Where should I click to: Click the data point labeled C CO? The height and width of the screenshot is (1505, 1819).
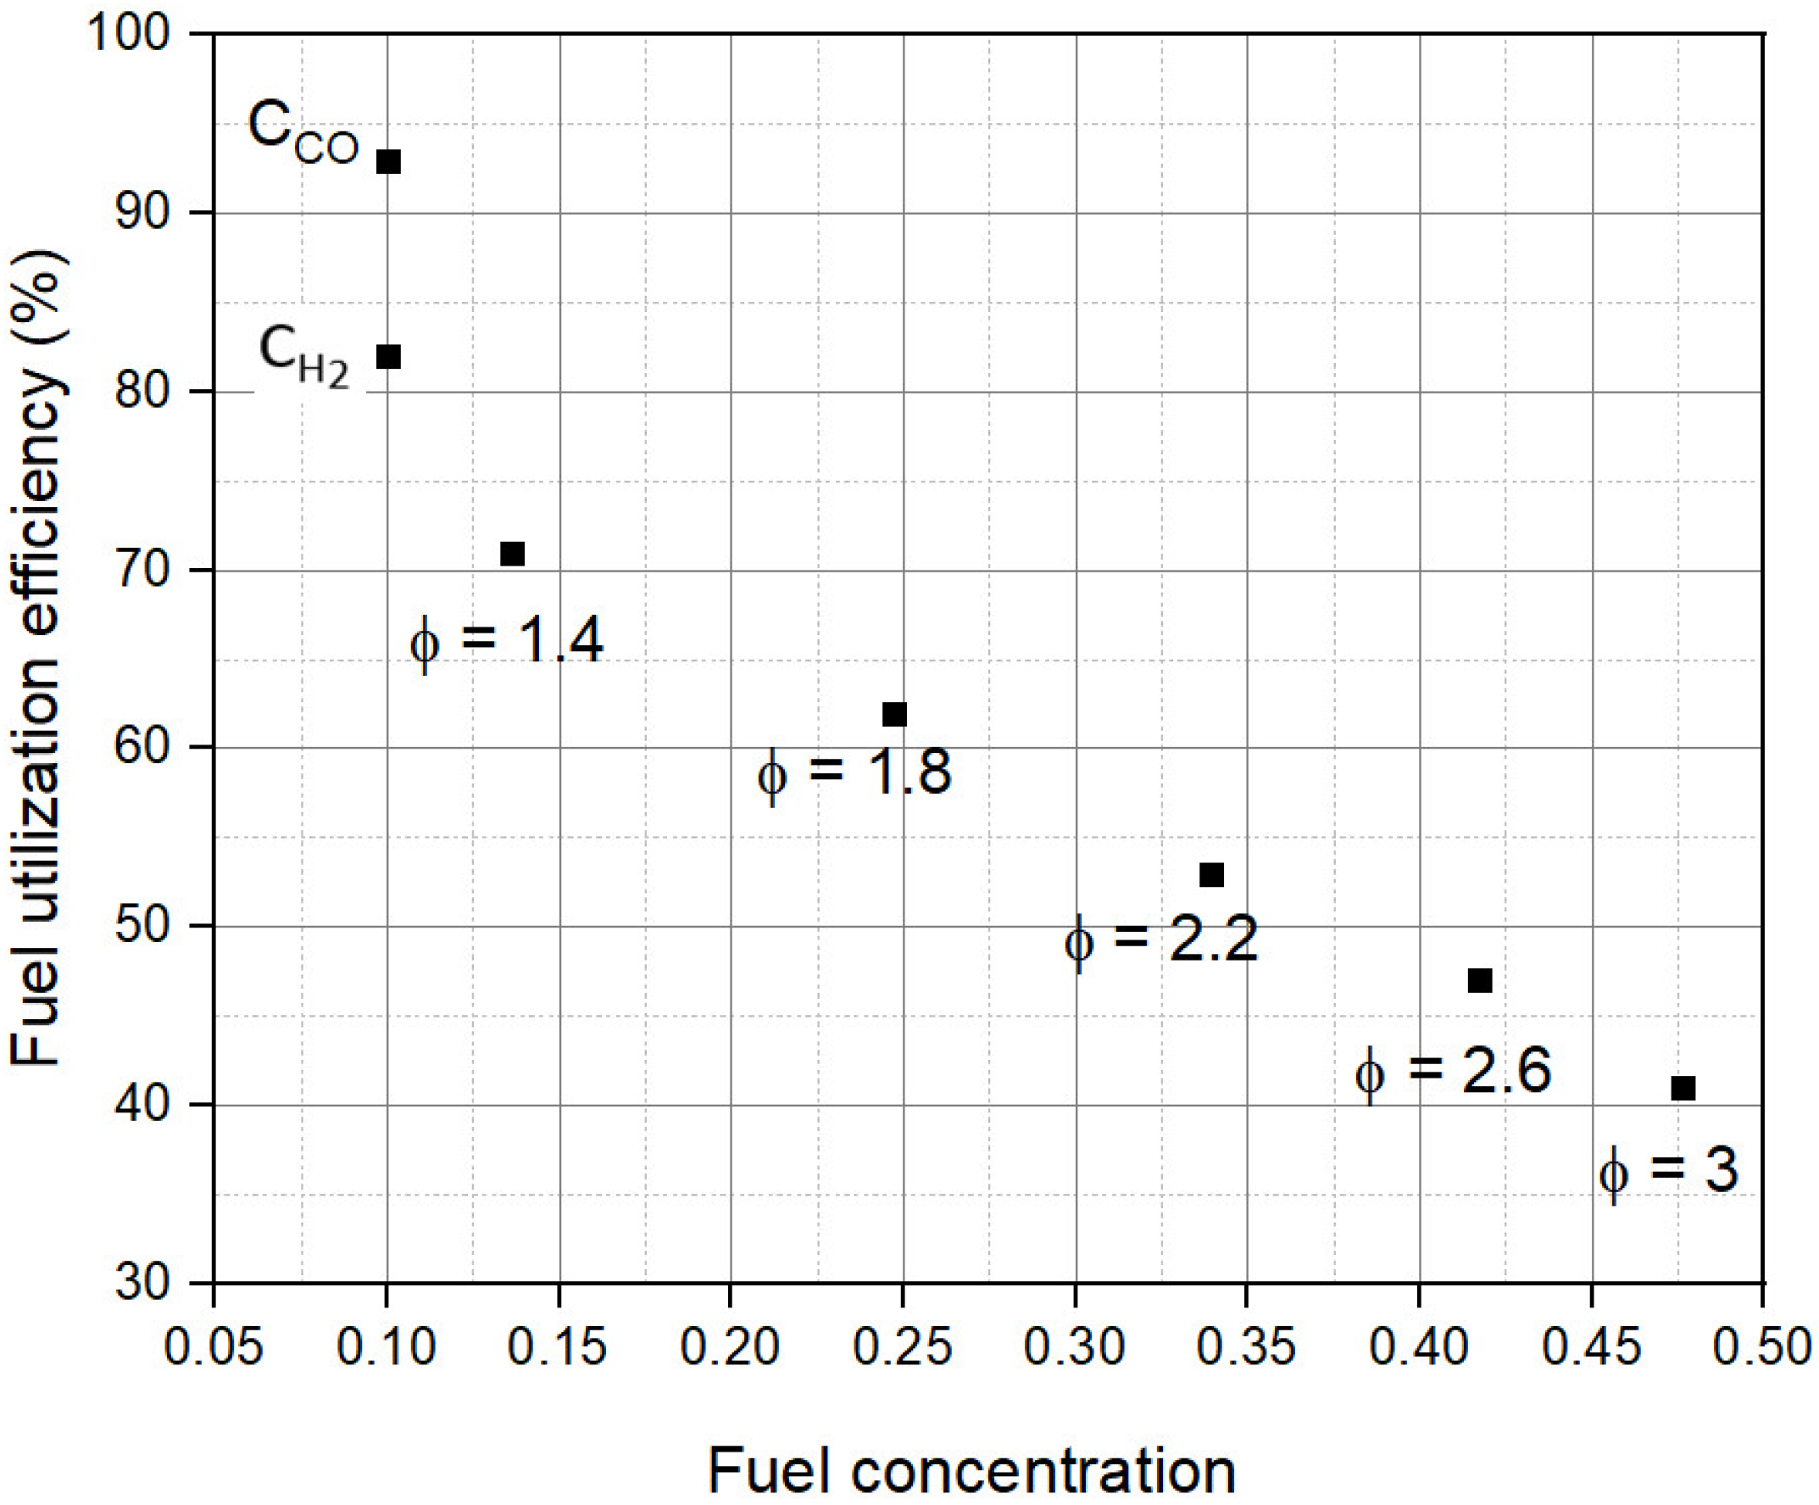[389, 162]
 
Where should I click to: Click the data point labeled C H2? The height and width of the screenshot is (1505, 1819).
[389, 356]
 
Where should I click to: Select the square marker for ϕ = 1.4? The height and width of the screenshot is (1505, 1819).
[513, 554]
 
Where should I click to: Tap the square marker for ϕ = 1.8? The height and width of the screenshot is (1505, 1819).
[895, 714]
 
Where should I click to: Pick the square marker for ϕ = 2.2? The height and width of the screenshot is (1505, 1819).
[1212, 875]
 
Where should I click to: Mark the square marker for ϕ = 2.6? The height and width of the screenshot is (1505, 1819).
[1480, 981]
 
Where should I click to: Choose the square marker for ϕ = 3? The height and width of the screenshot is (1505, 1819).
[1683, 1088]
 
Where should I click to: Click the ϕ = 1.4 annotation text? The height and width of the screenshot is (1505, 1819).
[507, 642]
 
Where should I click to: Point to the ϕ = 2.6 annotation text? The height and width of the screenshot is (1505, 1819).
[1454, 1072]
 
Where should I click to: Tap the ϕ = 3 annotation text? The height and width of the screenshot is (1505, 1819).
[1668, 1171]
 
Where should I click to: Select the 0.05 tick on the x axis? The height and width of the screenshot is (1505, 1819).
[213, 1348]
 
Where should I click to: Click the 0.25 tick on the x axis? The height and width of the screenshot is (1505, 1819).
[903, 1348]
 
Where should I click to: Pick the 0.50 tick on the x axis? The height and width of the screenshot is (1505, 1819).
[1764, 1348]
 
